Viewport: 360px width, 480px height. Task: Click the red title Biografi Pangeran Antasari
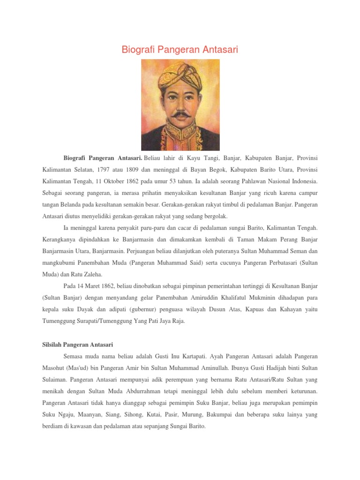[x=180, y=49]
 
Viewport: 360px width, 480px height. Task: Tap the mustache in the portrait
[x=180, y=114]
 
